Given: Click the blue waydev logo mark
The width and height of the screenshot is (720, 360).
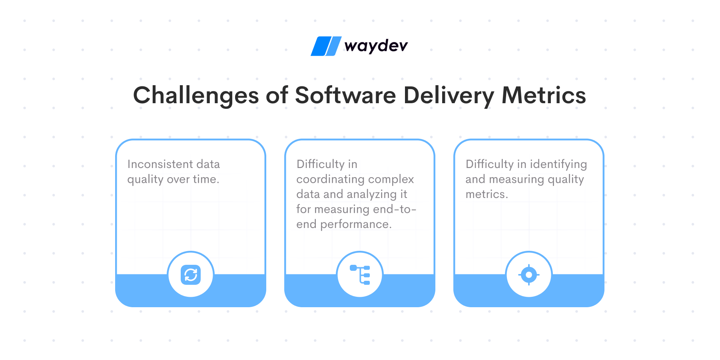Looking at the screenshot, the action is pos(326,46).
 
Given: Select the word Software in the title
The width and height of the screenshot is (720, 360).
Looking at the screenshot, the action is pos(345,95).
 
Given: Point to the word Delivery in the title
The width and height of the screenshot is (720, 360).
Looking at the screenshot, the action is pos(449,96).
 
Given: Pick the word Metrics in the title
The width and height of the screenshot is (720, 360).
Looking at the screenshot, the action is pos(544,95).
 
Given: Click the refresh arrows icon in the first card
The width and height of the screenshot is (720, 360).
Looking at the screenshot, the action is pos(191,275).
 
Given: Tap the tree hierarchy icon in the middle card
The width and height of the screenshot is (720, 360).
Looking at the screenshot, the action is pos(360,275).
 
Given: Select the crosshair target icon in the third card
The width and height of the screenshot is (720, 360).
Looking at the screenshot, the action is pos(529,275).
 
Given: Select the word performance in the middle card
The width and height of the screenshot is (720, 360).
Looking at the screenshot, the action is pos(356,224).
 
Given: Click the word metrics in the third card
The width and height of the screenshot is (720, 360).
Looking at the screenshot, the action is pos(487,194).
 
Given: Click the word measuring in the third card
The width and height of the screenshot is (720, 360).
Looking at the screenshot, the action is pos(517,180).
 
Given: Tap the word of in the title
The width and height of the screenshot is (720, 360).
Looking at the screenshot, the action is pos(277,95).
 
